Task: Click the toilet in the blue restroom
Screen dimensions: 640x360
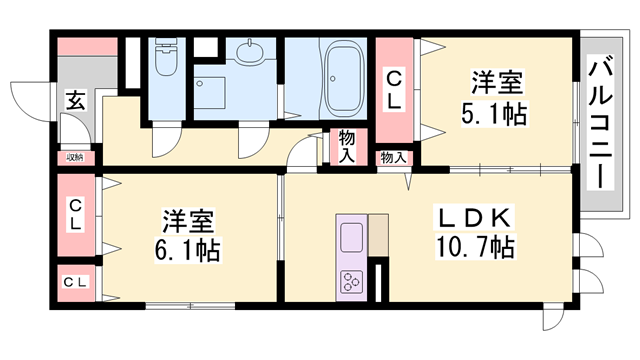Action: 166,57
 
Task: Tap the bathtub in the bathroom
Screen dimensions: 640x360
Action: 344,80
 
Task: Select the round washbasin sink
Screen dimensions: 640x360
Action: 249,53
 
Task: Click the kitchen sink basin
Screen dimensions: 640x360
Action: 351,238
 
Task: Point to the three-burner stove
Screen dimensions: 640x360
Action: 351,281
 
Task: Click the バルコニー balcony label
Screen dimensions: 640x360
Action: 601,124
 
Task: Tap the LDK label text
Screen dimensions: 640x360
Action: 474,218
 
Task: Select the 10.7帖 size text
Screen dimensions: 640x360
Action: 475,246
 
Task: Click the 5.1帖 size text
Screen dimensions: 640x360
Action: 494,113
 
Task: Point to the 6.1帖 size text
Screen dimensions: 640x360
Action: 187,250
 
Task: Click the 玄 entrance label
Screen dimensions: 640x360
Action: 76,100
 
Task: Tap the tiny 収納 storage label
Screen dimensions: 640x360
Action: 75,157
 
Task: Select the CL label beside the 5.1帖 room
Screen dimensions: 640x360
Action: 394,90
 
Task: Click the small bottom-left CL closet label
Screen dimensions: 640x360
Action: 75,282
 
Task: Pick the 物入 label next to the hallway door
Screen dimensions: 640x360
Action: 347,147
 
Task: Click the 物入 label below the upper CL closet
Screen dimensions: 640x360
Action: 393,158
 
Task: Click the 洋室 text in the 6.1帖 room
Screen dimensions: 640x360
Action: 188,221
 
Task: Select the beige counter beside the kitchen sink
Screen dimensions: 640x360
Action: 378,235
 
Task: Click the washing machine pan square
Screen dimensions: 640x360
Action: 209,93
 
